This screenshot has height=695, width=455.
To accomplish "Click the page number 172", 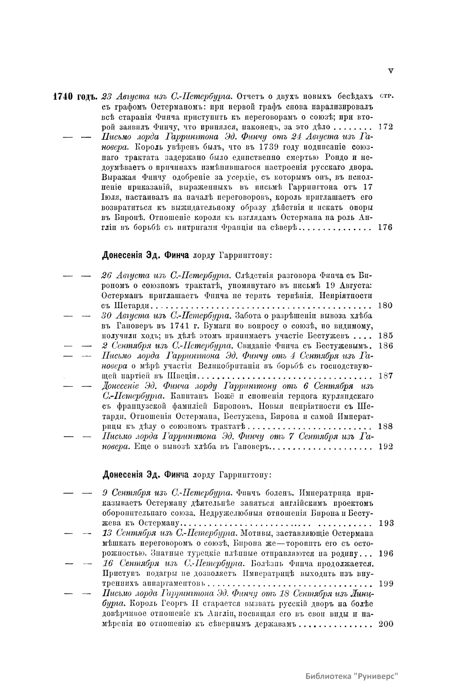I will tap(386, 127).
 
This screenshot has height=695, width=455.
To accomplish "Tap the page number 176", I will tap(386, 227).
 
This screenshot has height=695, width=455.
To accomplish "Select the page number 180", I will tap(386, 305).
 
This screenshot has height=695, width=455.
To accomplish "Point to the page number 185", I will tap(386, 336).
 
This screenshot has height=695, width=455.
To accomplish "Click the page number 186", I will tap(386, 345).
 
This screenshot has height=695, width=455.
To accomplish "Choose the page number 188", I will tap(386, 426).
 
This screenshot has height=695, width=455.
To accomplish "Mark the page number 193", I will tap(386, 523).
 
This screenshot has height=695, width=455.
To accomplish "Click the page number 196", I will tap(386, 553).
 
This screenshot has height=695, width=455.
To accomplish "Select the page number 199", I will tap(386, 584).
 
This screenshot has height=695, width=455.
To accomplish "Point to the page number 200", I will tap(386, 624).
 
